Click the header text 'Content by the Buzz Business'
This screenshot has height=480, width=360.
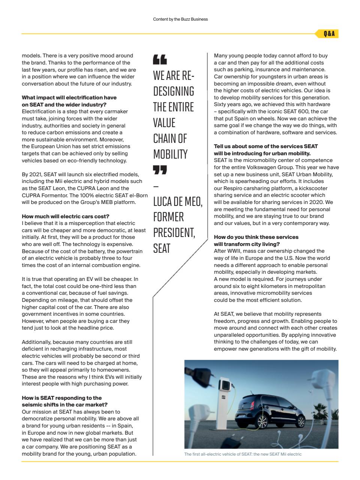point(180,19)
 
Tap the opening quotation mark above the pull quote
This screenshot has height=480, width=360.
point(160,59)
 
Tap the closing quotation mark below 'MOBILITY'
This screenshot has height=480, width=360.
point(160,170)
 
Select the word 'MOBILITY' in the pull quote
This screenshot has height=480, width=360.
point(170,154)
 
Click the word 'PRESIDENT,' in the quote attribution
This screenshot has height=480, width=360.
point(174,232)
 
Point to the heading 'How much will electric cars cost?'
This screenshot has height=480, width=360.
point(66,216)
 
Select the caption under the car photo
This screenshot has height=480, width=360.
point(243,454)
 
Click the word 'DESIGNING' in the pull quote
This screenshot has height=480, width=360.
point(173,91)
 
